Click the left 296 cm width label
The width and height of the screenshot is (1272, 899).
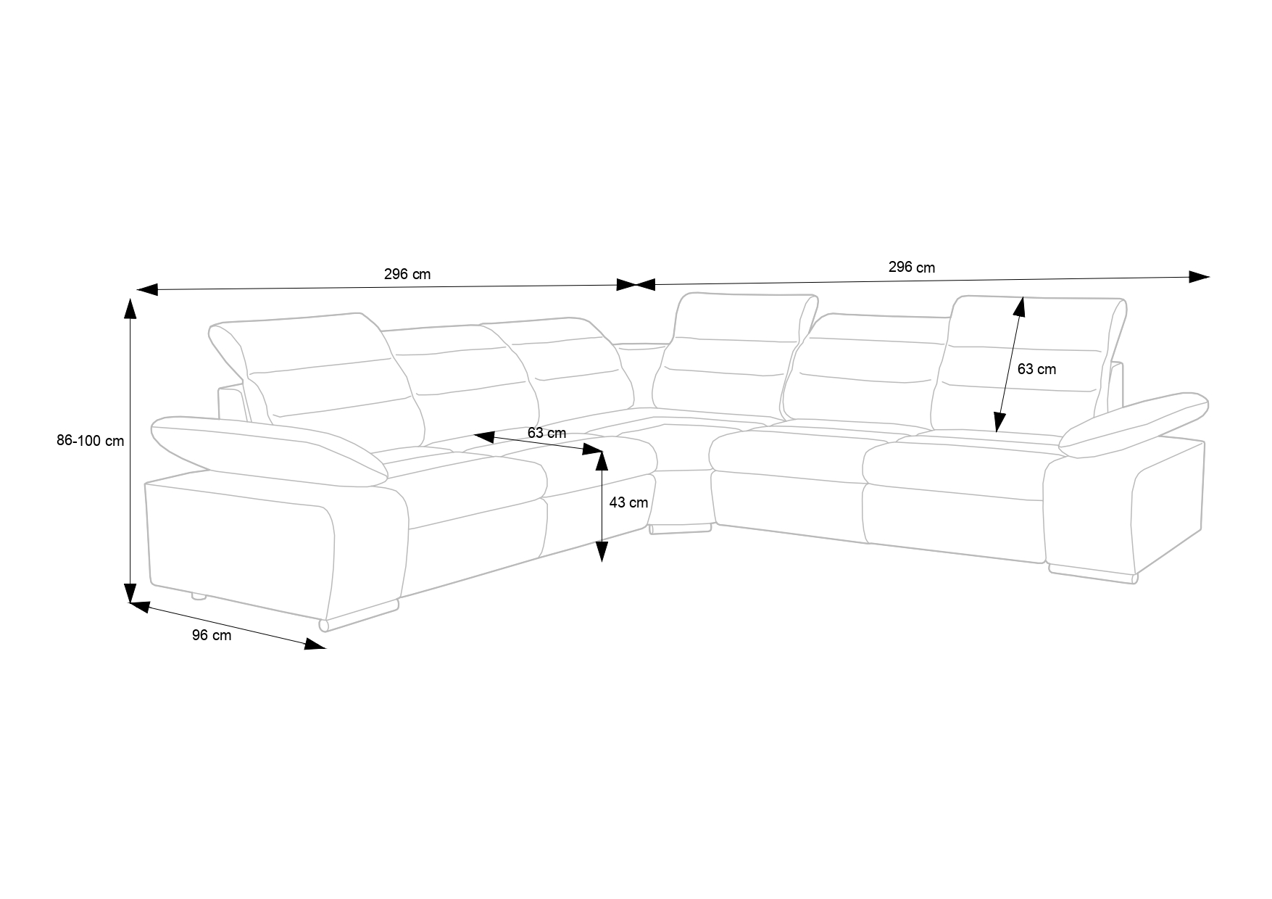[407, 274]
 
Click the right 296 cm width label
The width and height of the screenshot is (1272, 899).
[911, 268]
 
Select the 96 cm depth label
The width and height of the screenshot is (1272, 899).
[212, 636]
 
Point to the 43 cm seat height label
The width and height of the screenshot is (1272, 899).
[628, 502]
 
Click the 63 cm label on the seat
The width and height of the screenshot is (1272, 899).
[546, 434]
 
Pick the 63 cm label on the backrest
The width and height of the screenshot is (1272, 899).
[1036, 369]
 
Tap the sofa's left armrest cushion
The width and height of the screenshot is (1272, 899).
[268, 448]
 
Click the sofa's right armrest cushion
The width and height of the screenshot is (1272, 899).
[1134, 424]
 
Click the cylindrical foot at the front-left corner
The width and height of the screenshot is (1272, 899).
[324, 624]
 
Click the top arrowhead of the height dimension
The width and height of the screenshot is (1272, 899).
[130, 308]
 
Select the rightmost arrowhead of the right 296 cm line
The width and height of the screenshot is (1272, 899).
[1200, 276]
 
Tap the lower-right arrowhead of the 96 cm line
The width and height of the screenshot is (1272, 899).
[315, 645]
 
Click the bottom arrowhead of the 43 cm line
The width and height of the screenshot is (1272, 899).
[602, 552]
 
